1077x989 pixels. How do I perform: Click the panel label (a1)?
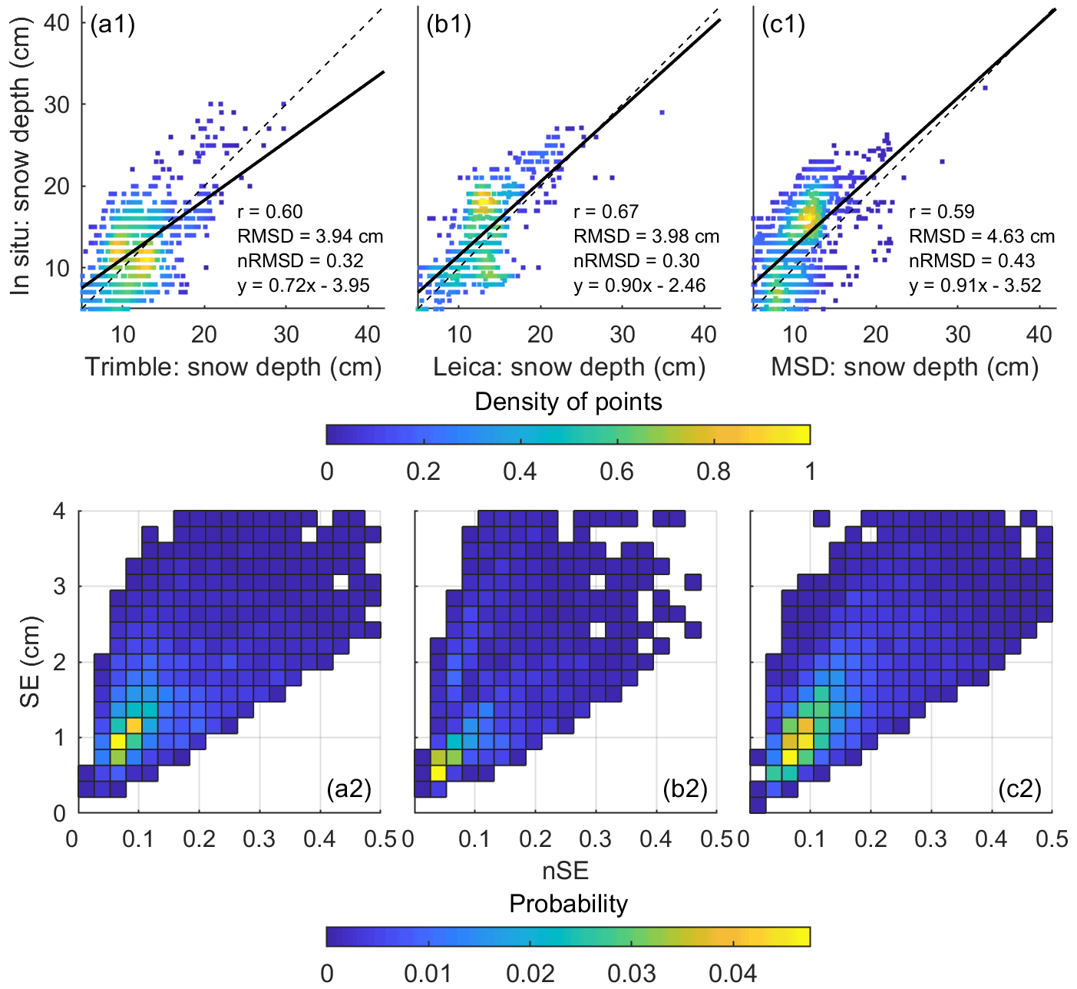pos(112,25)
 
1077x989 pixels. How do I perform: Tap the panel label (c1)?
pos(783,25)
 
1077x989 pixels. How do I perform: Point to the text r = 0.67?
pos(606,212)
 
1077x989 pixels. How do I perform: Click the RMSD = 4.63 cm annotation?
pos(982,237)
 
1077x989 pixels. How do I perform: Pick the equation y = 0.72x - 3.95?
pos(304,286)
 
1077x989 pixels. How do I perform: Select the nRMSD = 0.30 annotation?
pos(636,261)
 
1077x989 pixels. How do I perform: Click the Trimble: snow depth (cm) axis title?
pos(233,367)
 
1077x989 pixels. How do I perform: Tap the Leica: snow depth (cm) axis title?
pos(569,367)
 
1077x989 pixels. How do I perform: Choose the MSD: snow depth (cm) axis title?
pos(904,367)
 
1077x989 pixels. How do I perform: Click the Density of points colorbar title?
pos(568,402)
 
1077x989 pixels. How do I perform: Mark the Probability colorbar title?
pos(568,904)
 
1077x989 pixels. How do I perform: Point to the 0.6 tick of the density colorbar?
pos(616,471)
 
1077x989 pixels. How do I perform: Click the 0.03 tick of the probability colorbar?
pos(632,973)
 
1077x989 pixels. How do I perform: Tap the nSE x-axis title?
pos(566,871)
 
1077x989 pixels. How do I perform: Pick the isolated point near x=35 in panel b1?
pos(662,112)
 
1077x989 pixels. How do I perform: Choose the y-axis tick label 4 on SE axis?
pos(60,511)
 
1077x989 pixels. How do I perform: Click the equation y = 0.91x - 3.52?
pos(975,286)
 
